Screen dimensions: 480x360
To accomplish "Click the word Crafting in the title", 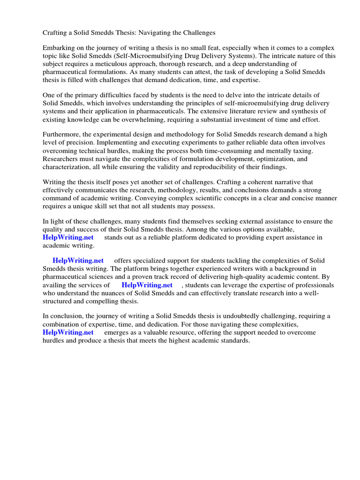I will coord(55,33).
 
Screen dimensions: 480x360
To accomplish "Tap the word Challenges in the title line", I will coord(195,33).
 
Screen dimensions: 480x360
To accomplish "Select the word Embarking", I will coord(59,48).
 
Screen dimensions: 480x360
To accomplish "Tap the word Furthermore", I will coord(62,134).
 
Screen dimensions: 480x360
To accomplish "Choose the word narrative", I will coord(279,181).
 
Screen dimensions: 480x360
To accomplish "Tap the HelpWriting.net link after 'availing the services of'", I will coord(147,285).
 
